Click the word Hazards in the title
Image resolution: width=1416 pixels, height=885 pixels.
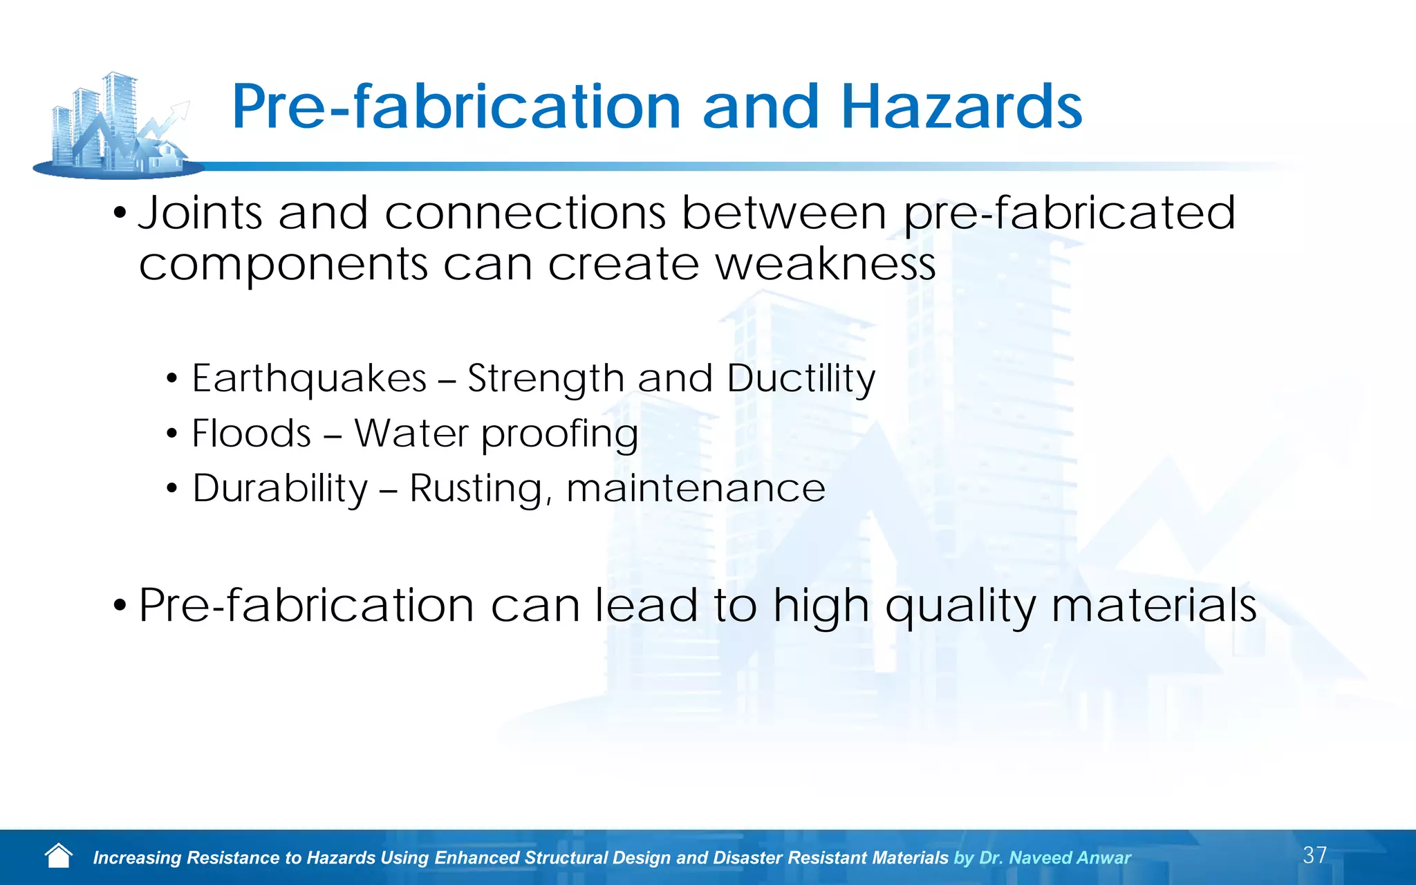[961, 107]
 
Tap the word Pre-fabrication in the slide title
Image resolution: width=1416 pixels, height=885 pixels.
[456, 107]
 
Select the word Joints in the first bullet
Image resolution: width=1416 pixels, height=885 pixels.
[200, 212]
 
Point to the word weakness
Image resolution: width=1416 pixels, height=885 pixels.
[826, 264]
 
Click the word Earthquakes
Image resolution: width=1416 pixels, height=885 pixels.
[309, 379]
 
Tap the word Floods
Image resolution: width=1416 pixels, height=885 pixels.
[251, 434]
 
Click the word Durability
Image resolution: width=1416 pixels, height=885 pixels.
[280, 489]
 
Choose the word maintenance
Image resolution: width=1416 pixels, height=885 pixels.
[696, 489]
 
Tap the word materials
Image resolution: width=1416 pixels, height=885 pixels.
[1153, 605]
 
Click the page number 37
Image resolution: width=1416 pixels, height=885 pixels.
[1314, 855]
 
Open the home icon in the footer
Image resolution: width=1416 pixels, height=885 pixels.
[59, 856]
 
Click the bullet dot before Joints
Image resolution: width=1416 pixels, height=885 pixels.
[120, 214]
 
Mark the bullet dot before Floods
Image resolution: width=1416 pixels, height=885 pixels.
[172, 435]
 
